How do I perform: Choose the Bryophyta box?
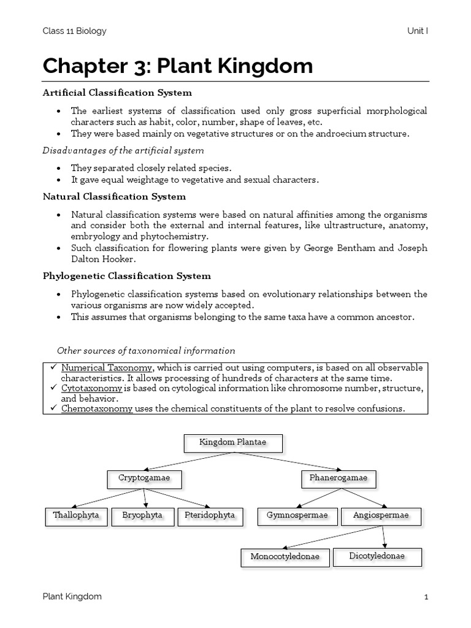click(x=142, y=516)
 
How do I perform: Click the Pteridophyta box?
click(x=210, y=516)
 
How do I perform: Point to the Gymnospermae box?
click(x=297, y=516)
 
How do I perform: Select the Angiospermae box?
click(x=381, y=516)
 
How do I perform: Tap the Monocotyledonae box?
click(x=285, y=557)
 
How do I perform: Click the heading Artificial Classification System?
click(x=117, y=93)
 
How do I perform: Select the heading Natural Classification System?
click(x=114, y=197)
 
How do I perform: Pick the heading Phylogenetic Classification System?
click(x=126, y=276)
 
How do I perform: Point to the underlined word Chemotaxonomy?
click(x=96, y=409)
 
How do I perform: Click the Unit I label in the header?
click(x=417, y=31)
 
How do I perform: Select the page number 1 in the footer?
click(x=426, y=597)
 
